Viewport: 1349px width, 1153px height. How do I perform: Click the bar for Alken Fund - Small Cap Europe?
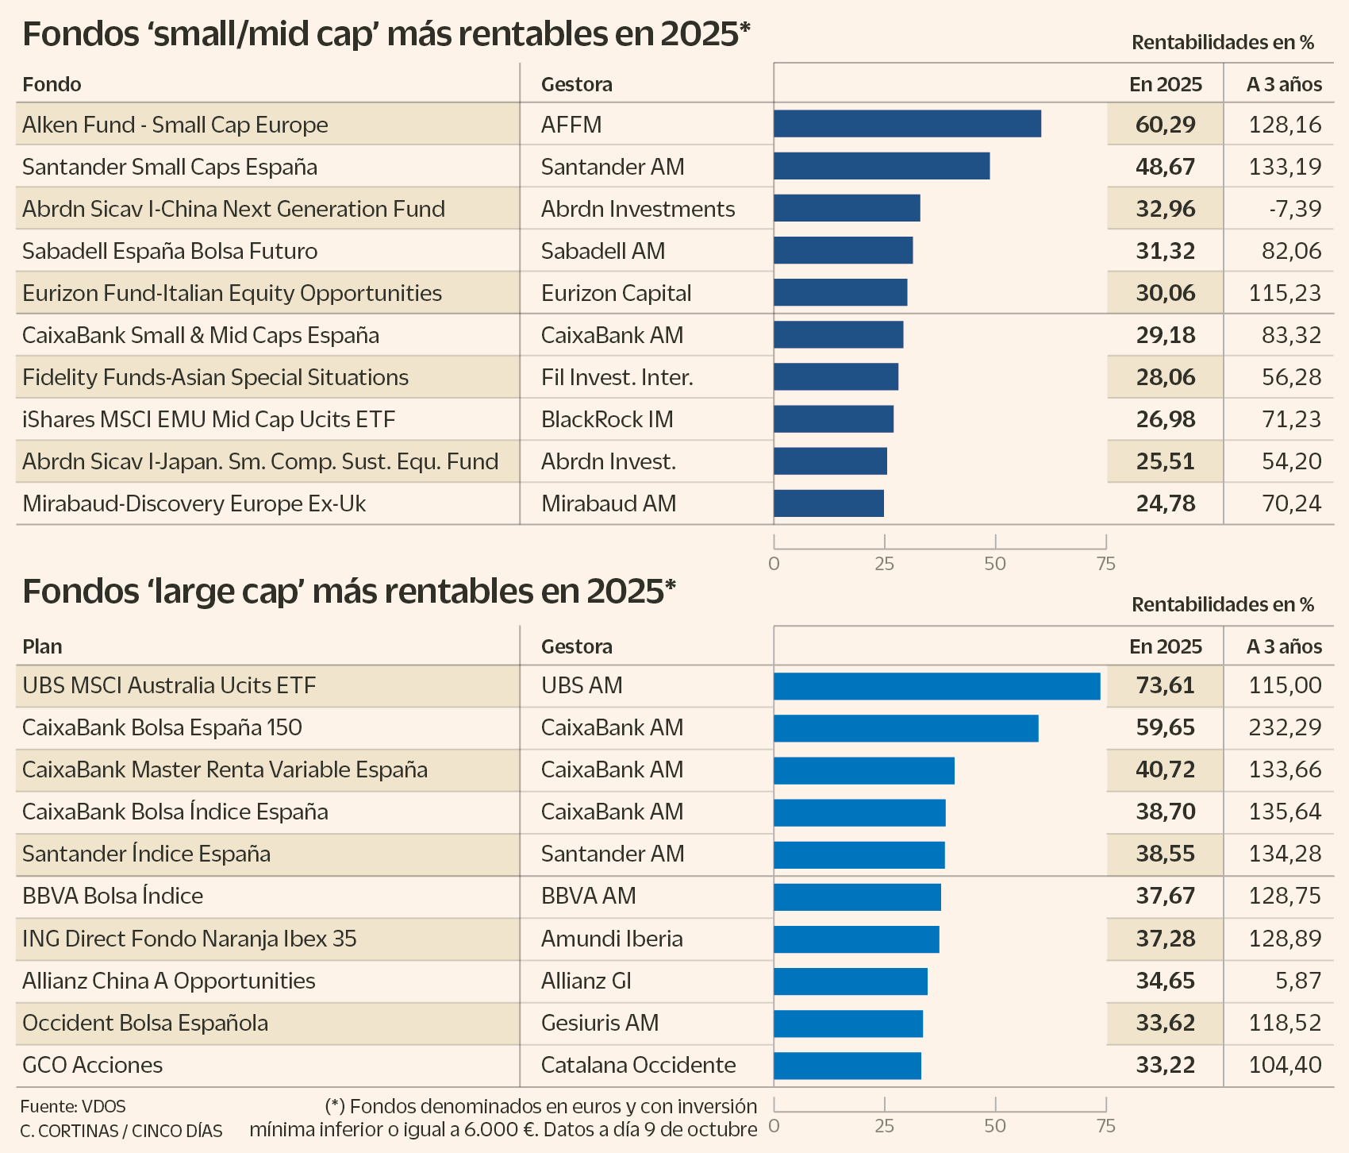click(x=907, y=124)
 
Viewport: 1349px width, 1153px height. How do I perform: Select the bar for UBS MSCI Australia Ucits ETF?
click(x=936, y=686)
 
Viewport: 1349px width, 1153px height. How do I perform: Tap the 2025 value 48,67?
click(x=1165, y=167)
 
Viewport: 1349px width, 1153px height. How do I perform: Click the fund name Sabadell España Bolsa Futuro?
click(x=170, y=251)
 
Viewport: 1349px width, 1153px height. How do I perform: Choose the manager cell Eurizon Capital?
click(x=616, y=293)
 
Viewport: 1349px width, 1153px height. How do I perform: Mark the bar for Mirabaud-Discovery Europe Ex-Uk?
click(x=828, y=503)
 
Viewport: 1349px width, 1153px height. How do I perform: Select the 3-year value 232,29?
click(x=1285, y=727)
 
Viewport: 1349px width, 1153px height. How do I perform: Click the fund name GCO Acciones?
click(x=92, y=1065)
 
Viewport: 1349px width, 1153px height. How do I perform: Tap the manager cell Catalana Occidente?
click(x=638, y=1065)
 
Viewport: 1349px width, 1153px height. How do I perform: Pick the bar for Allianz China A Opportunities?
click(x=851, y=981)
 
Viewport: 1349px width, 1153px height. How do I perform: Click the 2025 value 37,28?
click(x=1165, y=939)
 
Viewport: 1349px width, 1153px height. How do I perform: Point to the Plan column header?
click(x=42, y=646)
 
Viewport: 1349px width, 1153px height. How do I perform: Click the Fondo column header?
click(x=52, y=84)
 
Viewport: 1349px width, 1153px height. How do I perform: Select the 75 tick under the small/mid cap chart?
click(x=1105, y=564)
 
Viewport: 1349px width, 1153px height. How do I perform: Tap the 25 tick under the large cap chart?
click(x=884, y=1126)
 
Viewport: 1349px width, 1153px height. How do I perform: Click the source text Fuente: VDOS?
click(x=73, y=1106)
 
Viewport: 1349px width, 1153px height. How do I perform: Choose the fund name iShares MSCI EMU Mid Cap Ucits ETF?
click(x=209, y=419)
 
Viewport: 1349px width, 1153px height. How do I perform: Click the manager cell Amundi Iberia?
click(x=612, y=939)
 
